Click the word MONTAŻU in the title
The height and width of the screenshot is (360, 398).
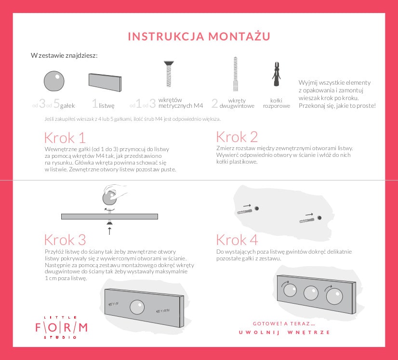[x=239, y=36]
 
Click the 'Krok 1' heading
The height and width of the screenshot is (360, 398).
[x=65, y=138]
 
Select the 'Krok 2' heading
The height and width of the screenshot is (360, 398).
[x=237, y=137]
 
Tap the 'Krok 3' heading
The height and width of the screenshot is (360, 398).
[x=65, y=240]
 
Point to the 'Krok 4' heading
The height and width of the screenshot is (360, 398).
[x=237, y=240]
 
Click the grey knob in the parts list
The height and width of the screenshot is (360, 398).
[x=54, y=81]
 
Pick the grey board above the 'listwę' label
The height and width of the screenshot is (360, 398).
[x=105, y=82]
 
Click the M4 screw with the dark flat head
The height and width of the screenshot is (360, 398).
[x=169, y=74]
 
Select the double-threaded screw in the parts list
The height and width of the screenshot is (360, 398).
[x=236, y=74]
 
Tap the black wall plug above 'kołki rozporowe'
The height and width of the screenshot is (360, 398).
[x=277, y=74]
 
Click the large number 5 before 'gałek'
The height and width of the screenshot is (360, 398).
[x=56, y=103]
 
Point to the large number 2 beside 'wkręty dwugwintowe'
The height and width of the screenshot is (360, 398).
[x=215, y=103]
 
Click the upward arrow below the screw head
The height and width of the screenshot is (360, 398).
[x=109, y=231]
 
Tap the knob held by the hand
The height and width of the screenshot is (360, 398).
[x=110, y=198]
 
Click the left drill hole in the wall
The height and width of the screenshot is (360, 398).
[x=257, y=208]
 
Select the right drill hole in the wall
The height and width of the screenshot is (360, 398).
[x=319, y=218]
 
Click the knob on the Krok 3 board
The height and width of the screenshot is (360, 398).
[x=137, y=307]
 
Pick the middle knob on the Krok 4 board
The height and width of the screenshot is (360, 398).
[x=311, y=293]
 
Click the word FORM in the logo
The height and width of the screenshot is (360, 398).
[x=61, y=328]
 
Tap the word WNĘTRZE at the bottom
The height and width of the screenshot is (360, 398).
[x=309, y=333]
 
